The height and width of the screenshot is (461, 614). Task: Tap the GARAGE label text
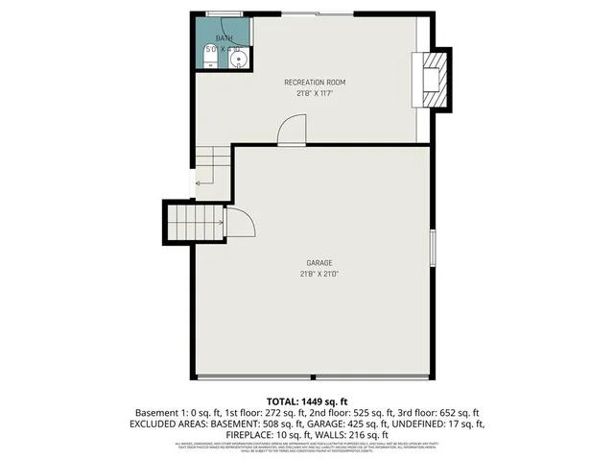point(319,263)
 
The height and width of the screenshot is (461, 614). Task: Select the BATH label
point(224,38)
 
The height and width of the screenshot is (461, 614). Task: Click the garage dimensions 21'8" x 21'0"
point(319,274)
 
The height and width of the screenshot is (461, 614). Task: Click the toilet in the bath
point(209,62)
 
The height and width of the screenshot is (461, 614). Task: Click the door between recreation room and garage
point(290,131)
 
